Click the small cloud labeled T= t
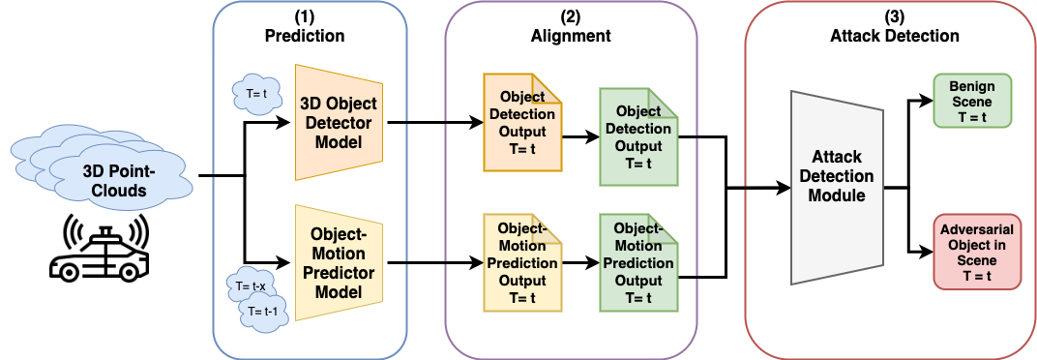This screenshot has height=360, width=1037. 257,95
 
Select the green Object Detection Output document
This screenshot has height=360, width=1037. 637,136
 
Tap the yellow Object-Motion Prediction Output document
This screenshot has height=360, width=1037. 522,262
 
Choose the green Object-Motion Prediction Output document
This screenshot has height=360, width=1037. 637,262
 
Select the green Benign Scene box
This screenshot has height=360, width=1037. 971,101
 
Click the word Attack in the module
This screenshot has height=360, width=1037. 837,159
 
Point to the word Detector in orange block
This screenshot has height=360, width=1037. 338,123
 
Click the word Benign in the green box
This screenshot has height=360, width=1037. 971,85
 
